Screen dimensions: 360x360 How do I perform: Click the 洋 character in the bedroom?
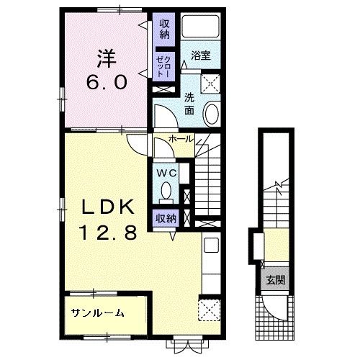[107, 59]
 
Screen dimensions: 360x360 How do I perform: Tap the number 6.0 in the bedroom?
[107, 82]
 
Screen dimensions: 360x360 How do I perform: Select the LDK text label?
[108, 207]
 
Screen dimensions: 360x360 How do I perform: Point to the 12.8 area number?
[109, 232]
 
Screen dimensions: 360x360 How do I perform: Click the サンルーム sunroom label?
[97, 312]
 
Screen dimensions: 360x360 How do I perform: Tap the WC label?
[166, 173]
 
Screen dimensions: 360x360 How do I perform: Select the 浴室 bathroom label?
[201, 55]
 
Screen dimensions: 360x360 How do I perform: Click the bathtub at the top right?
[200, 26]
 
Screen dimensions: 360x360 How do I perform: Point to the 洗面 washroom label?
[189, 104]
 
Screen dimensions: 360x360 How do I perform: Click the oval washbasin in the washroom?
[211, 114]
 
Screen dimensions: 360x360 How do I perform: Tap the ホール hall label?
[181, 139]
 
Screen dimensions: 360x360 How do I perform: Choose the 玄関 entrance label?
[276, 280]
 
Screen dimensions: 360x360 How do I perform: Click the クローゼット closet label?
[163, 67]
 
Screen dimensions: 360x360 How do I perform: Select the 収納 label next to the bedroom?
[165, 30]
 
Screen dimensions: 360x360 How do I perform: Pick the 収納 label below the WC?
[166, 218]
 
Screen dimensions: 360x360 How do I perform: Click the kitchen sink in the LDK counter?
[211, 245]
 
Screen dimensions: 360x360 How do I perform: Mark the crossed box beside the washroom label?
[210, 84]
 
